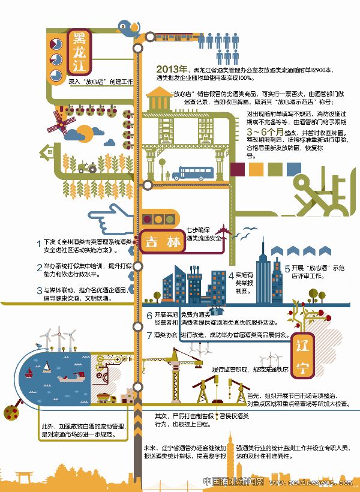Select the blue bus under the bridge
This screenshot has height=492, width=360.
(x=189, y=174)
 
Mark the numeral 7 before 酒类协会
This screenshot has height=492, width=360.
(x=149, y=335)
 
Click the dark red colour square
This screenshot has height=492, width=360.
(x=239, y=169)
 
